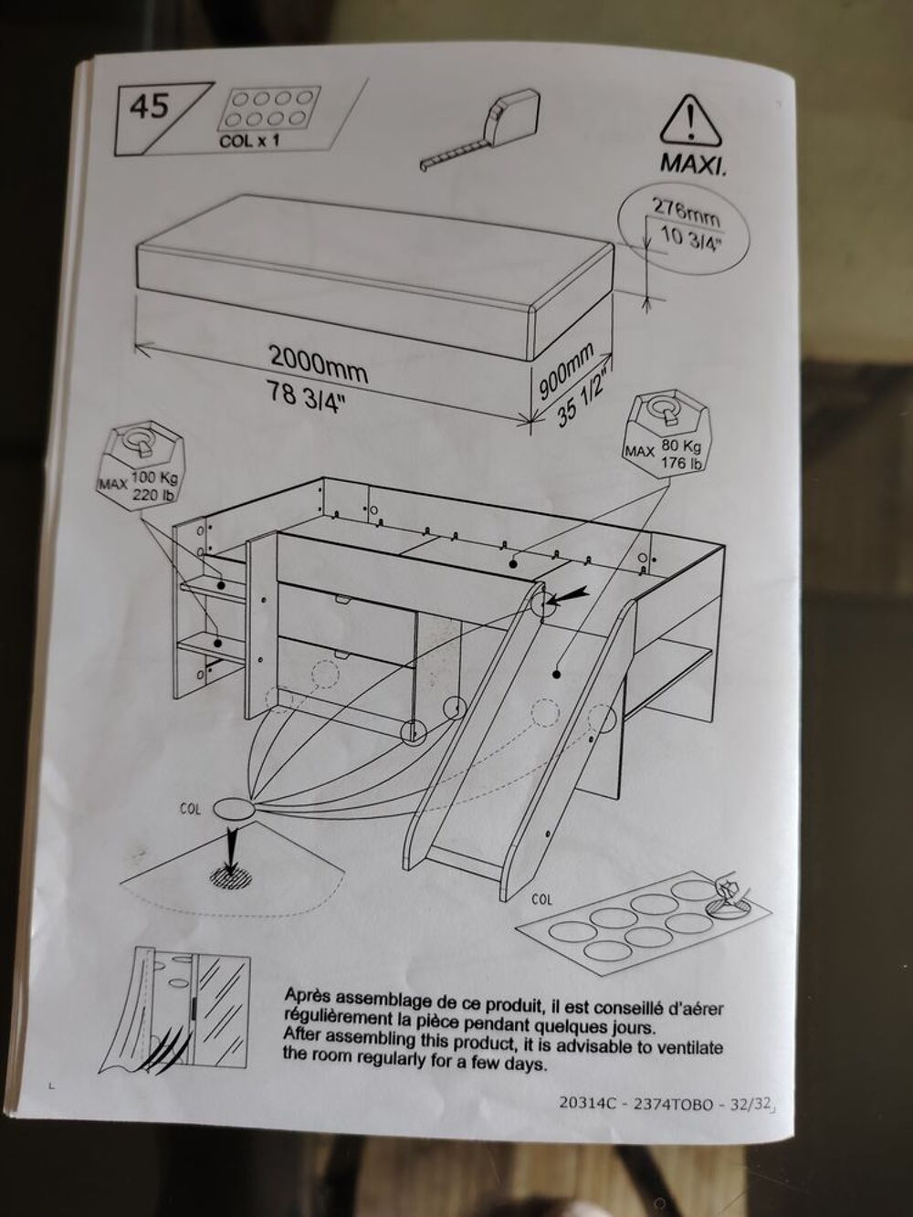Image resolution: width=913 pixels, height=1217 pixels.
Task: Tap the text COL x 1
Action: click(249, 141)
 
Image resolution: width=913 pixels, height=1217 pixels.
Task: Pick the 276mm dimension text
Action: click(685, 213)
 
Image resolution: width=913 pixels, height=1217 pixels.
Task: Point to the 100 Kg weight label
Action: click(153, 477)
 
